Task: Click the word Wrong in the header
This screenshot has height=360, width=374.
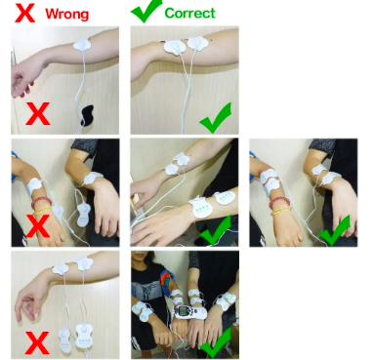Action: [x=66, y=14]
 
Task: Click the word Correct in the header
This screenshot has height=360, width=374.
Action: [x=189, y=13]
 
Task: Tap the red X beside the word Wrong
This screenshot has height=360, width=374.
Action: [x=24, y=12]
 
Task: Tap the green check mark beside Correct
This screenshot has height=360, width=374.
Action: [x=146, y=11]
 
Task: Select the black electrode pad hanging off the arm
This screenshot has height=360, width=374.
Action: [x=87, y=115]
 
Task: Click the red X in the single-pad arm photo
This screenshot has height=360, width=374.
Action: [x=38, y=113]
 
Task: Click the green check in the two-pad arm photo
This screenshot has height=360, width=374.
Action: [x=216, y=118]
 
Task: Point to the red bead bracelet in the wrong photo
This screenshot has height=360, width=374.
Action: [x=42, y=202]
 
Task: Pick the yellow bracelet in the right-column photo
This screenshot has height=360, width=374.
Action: [x=280, y=212]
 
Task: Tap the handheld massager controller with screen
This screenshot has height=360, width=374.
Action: [x=190, y=312]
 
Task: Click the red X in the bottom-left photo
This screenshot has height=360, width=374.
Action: [x=37, y=342]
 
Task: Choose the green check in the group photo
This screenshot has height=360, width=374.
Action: [x=216, y=343]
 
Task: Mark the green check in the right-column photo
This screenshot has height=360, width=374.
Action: [x=335, y=230]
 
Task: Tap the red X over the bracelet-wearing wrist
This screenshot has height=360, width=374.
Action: [x=38, y=225]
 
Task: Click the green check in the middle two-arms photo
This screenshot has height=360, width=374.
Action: [x=216, y=230]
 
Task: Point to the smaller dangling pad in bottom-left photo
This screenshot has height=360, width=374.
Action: [x=64, y=341]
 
